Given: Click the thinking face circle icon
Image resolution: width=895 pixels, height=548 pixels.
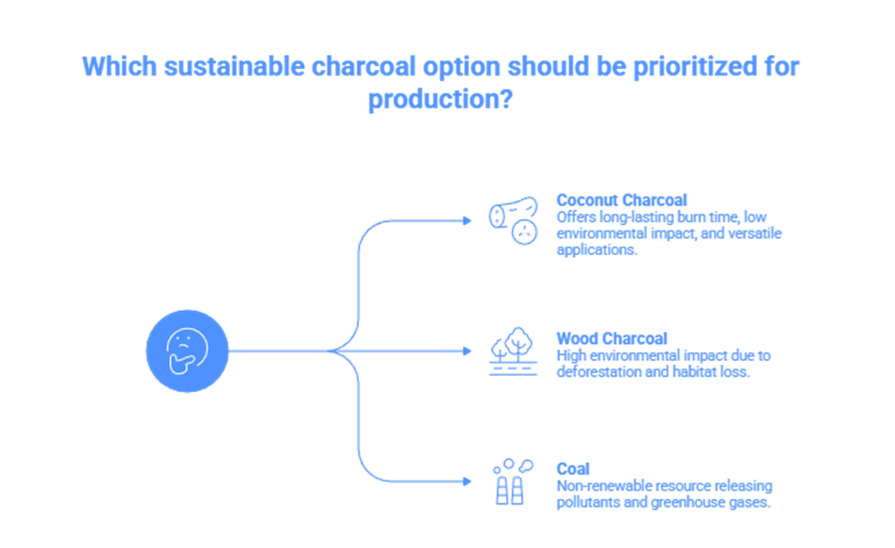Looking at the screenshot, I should [187, 351].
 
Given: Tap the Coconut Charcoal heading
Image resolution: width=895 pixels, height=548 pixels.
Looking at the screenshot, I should [621, 200].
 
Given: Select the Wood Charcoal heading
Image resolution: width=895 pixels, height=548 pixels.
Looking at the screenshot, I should [612, 338].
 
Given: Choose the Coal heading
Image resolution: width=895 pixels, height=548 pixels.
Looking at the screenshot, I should [573, 469].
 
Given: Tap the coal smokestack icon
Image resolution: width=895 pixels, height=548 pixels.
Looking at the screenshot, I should [511, 482].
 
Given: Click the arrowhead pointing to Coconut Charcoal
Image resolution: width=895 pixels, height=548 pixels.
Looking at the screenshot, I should [466, 221].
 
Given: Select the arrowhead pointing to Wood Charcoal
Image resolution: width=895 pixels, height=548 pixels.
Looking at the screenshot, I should [466, 351].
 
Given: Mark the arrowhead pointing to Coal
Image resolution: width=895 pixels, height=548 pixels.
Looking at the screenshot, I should [466, 482].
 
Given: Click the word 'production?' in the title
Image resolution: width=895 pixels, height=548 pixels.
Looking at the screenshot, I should [440, 99].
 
